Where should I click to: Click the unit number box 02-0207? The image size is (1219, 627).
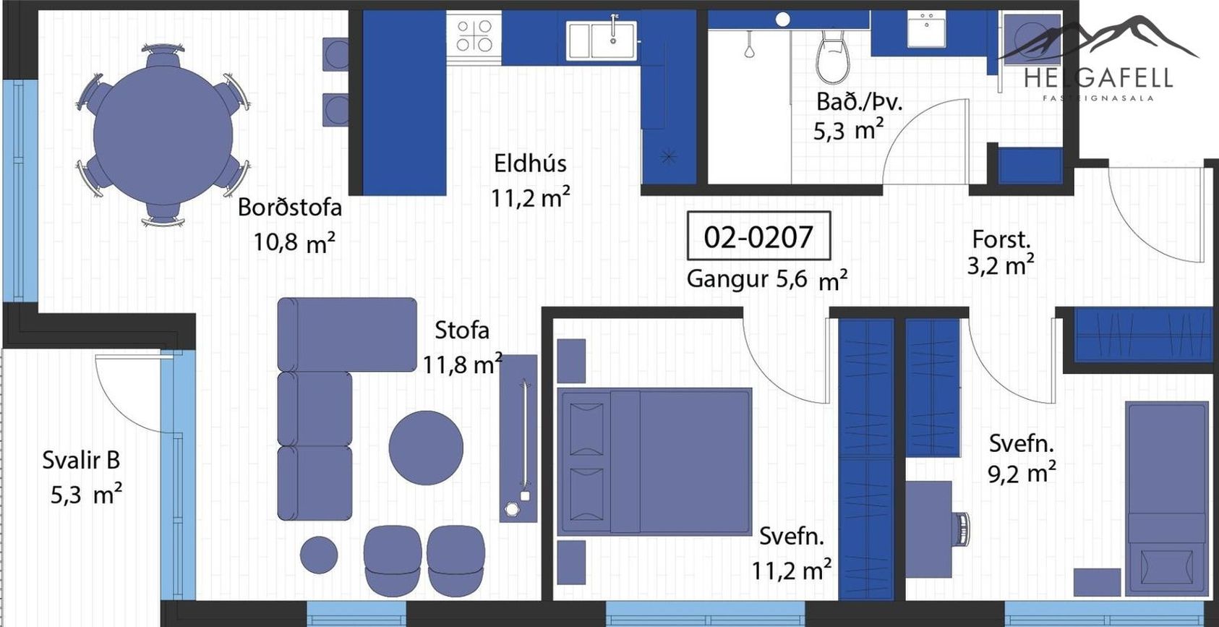coord(758,236)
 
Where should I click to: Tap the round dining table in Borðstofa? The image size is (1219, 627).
coord(163,135)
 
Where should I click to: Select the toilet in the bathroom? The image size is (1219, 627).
coord(833,56)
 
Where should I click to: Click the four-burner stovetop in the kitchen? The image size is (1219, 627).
coord(474,36)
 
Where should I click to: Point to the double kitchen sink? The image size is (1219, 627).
coord(601,40)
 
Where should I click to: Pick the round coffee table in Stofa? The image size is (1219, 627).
coord(426,448)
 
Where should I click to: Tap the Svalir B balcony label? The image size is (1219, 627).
coord(82,461)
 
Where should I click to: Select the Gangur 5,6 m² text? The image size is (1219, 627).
coord(767,280)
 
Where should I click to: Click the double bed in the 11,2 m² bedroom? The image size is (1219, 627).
coord(654,461)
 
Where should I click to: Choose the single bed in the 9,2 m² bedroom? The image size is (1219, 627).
coord(1167,498)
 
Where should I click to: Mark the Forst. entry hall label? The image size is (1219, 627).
coord(1001,239)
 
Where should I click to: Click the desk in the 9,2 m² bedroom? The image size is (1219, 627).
coord(929,529)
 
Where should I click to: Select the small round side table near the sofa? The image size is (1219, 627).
coord(319,555)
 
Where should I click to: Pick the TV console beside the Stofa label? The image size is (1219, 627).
coord(518,439)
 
